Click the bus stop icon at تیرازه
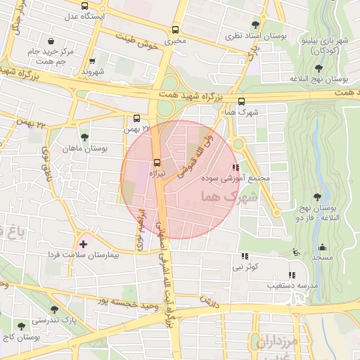157,160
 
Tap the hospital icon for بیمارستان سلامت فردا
84,244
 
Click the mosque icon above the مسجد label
322,247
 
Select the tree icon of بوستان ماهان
85,137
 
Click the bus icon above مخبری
175,30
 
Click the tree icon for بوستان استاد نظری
255,25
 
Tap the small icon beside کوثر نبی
245,257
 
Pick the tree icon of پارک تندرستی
55,309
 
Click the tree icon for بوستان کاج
21,326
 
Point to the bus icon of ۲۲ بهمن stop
137,118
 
